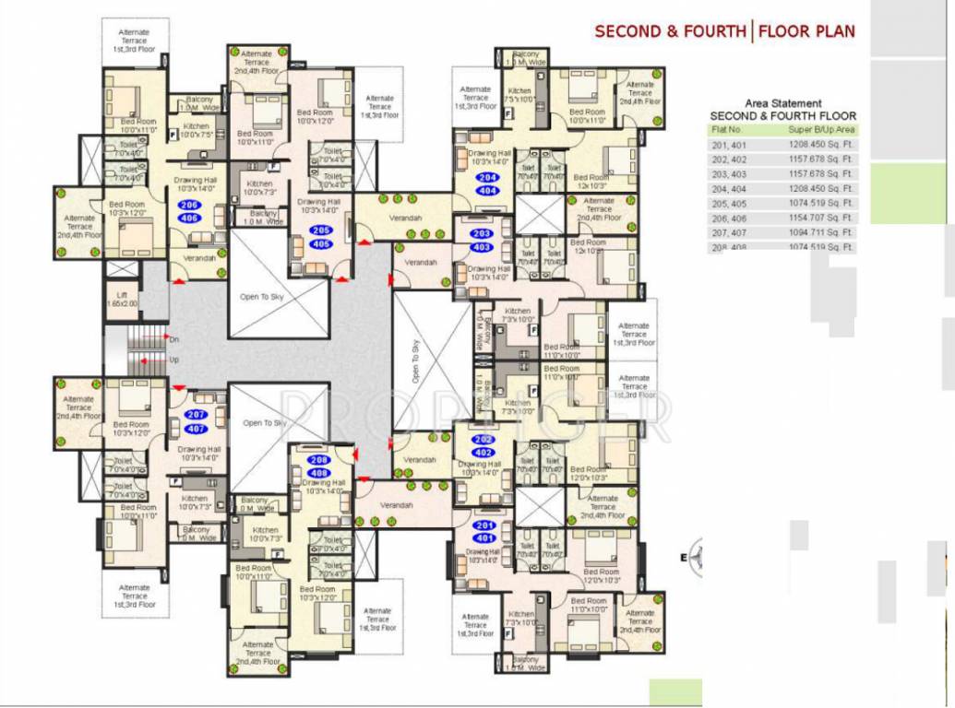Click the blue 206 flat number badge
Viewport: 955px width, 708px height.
(x=189, y=206)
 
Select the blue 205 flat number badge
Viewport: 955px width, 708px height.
(x=320, y=230)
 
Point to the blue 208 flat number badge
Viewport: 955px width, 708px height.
(x=318, y=460)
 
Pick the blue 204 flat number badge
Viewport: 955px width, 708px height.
(x=488, y=177)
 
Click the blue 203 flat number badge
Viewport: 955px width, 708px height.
(x=483, y=234)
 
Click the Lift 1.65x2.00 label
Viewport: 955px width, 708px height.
(x=122, y=297)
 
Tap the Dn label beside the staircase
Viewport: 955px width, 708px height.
(x=173, y=339)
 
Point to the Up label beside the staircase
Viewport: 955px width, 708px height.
(x=173, y=360)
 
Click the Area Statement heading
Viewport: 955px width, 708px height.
(x=782, y=103)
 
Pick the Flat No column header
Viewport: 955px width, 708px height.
(x=727, y=130)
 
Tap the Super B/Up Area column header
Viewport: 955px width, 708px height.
(x=821, y=130)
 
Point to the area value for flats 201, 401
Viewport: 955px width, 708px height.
(x=821, y=144)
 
